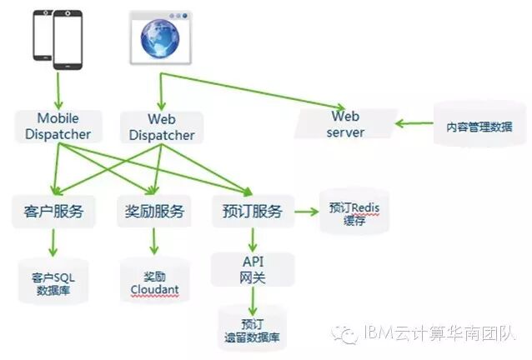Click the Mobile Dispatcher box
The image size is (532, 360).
coord(58,126)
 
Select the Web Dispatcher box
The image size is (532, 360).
coord(162,127)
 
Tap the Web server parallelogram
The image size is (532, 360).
coord(345,124)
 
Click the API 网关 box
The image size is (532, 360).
coord(253,269)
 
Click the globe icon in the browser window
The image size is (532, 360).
coord(159,38)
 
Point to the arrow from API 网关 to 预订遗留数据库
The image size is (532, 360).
coord(253,297)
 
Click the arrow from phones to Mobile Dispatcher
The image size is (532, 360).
coord(58,87)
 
